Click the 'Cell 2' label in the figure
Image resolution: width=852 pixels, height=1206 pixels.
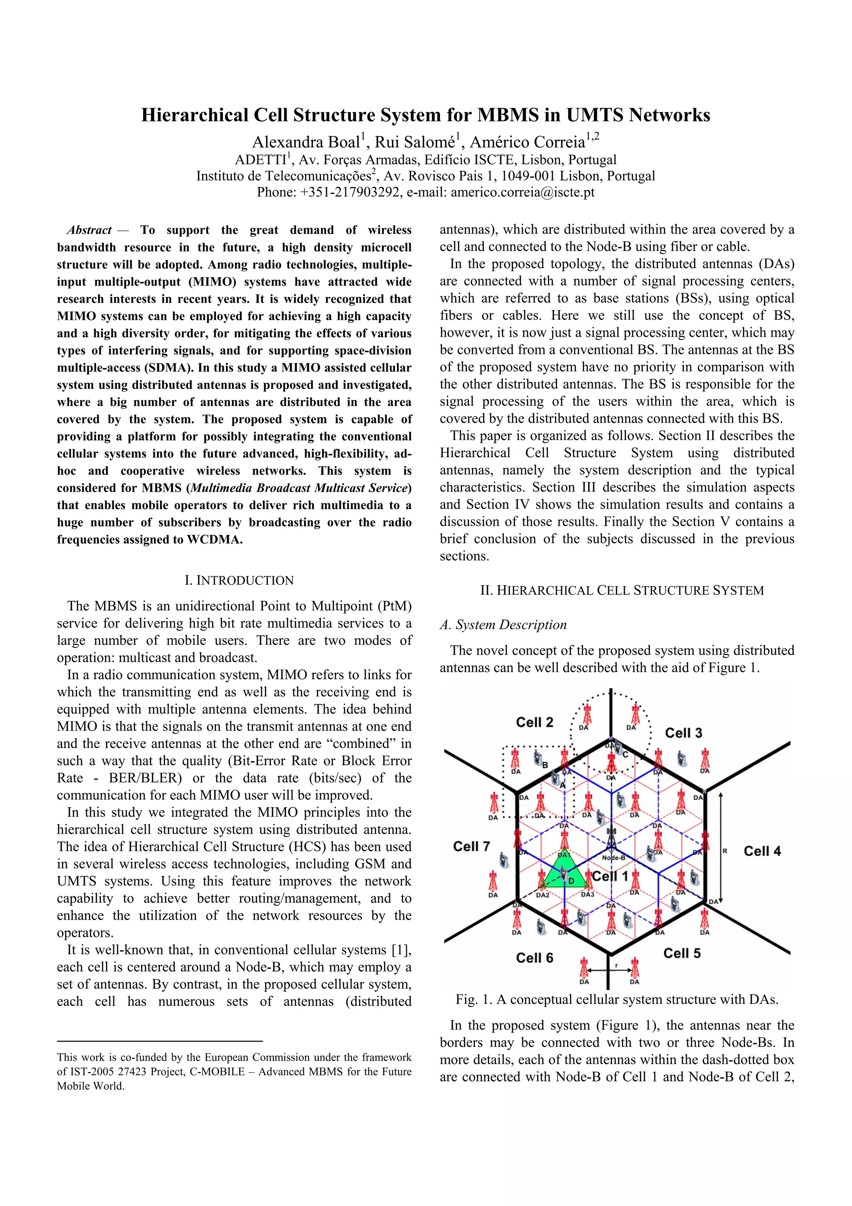535,722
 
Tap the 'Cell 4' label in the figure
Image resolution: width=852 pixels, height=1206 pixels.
762,851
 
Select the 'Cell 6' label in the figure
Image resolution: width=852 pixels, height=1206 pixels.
535,958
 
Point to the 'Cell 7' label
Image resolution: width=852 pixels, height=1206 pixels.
471,846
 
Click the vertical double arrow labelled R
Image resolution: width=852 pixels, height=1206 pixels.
721,848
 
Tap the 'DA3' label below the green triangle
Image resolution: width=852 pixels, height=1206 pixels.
587,895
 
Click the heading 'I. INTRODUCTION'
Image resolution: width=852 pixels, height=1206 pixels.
239,580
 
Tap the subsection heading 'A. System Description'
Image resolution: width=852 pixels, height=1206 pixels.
503,624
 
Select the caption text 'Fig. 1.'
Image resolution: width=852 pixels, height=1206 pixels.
473,999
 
